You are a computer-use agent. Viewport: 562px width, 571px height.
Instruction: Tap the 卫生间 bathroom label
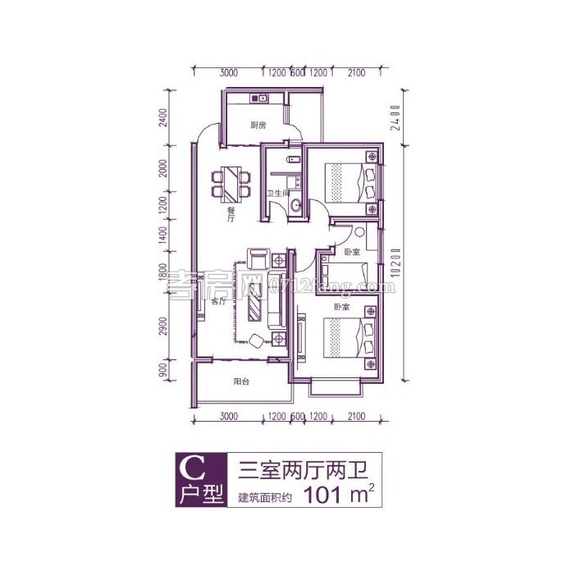(276, 194)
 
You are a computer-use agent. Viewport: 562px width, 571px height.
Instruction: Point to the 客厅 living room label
(218, 301)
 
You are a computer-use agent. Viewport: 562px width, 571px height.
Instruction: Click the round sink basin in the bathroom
(295, 207)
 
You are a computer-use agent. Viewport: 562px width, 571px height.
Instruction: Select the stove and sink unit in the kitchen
(258, 99)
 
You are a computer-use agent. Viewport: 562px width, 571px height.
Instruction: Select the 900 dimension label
(164, 372)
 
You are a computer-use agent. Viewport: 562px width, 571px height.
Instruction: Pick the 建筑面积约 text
(265, 497)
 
